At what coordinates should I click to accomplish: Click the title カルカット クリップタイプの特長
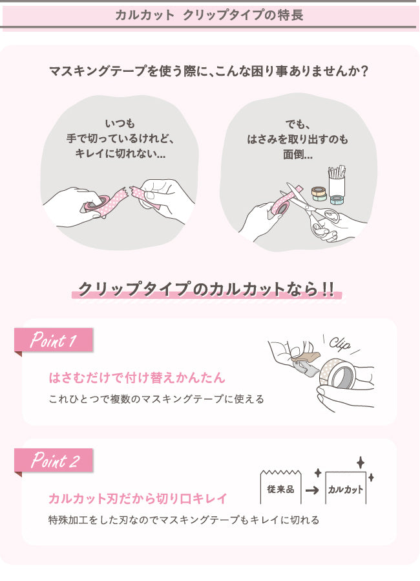209,15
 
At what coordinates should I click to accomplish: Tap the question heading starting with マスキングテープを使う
209,70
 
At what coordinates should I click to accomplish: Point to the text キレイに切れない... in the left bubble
120,155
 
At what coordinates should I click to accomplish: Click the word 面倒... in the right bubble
298,155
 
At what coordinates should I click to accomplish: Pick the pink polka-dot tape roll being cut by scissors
280,206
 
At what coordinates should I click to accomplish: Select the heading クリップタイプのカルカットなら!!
206,289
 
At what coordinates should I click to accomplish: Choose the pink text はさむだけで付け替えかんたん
137,377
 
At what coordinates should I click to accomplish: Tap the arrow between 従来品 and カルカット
311,490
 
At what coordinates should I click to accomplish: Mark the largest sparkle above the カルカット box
360,463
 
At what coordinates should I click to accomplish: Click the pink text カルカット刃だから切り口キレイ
138,498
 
